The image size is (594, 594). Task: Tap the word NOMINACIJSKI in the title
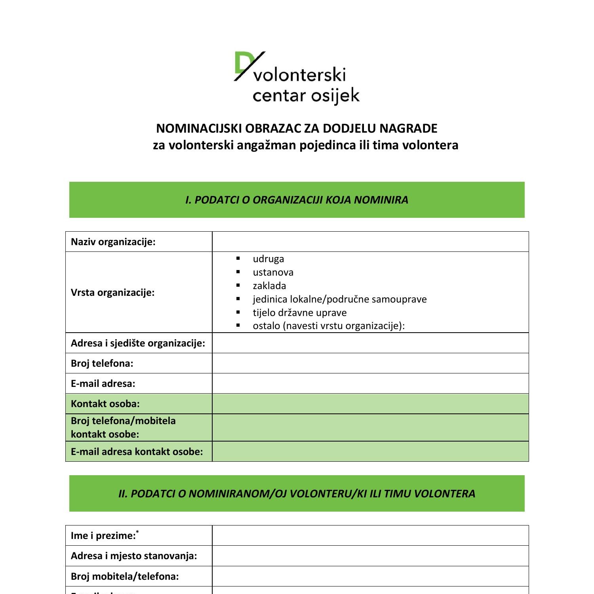199,128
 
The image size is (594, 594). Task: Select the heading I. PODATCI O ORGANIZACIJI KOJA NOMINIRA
297,200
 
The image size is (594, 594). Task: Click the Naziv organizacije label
113,242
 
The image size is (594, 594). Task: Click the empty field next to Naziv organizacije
370,242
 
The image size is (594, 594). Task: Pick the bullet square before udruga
238,258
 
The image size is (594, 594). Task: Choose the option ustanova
273,272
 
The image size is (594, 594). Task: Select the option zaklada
269,286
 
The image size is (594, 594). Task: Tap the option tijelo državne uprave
299,313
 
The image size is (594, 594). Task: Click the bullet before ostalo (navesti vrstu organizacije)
238,326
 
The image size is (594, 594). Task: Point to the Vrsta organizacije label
112,293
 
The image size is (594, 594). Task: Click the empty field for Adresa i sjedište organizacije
370,343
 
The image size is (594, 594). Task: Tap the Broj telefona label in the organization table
102,364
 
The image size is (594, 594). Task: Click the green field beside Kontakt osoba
370,404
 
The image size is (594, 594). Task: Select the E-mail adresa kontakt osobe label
137,452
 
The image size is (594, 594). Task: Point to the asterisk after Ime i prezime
137,532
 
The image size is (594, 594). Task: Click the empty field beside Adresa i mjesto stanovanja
370,556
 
